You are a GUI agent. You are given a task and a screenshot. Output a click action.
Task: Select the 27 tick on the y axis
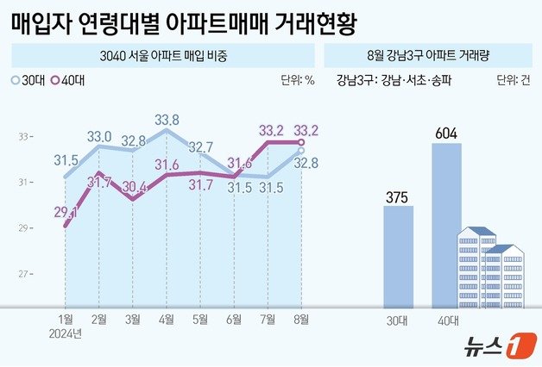tap(23, 274)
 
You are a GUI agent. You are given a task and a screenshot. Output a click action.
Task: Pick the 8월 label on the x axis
tap(299, 320)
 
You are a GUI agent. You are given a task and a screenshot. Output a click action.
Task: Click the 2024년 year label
tap(65, 333)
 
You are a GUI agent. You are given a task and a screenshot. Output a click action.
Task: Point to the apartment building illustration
tap(490, 267)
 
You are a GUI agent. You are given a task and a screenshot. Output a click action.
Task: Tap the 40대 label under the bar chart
tap(446, 320)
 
